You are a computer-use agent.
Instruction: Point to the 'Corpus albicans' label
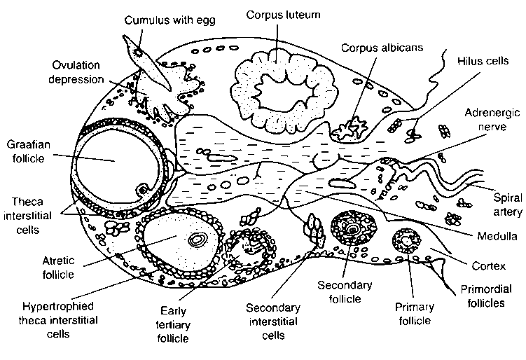[373, 48]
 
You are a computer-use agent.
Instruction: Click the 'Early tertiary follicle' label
[179, 323]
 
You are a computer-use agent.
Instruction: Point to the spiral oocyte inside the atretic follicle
[198, 240]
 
